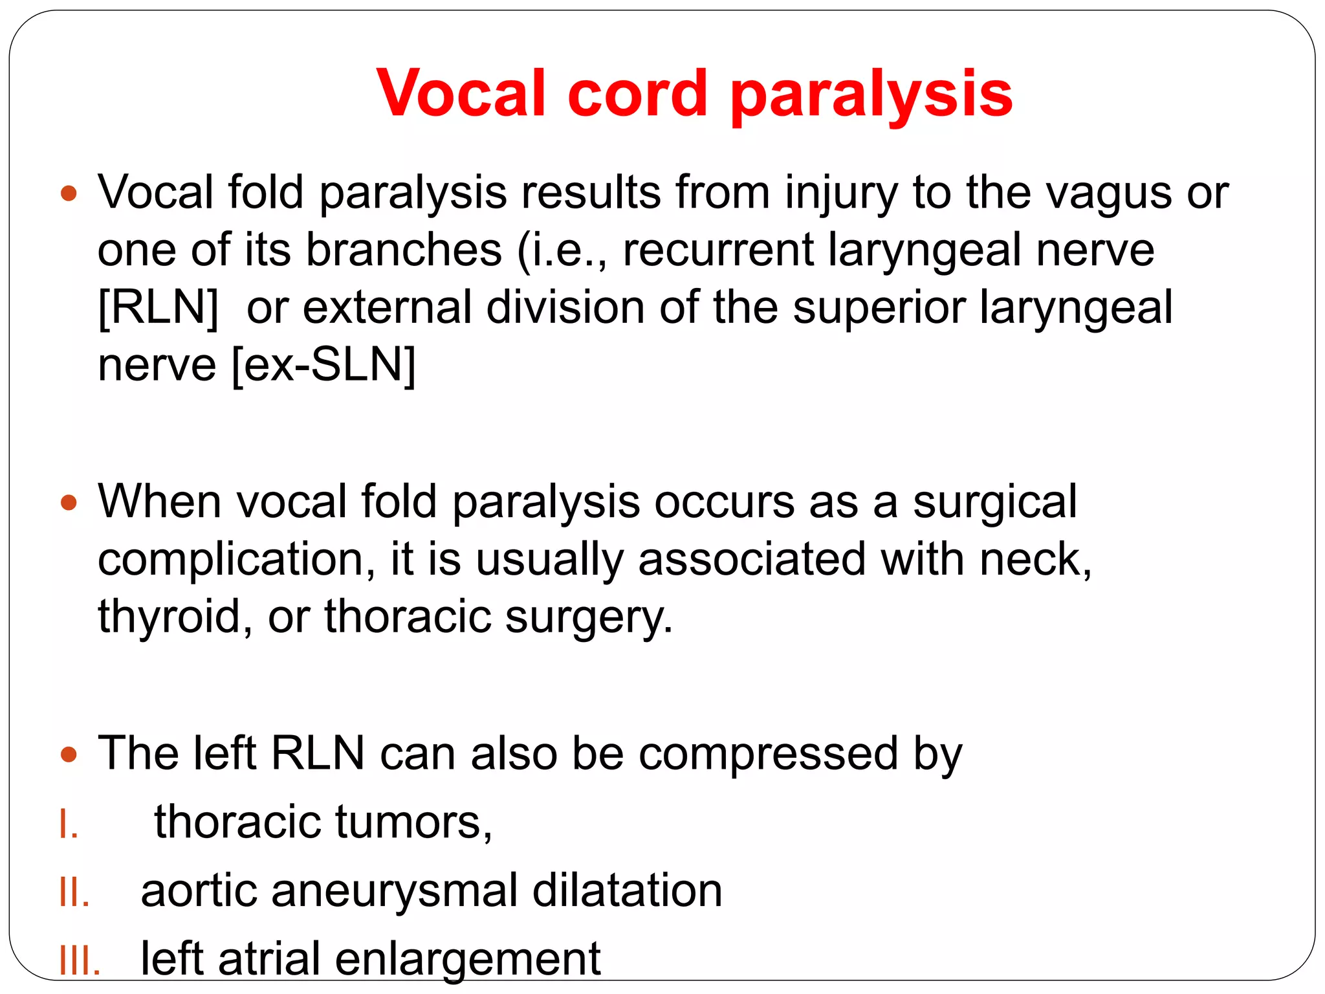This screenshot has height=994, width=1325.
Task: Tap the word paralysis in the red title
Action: pyautogui.click(x=871, y=94)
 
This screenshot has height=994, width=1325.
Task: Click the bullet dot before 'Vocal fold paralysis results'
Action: pyautogui.click(x=69, y=193)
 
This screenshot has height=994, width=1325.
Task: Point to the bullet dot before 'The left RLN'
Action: pyautogui.click(x=69, y=754)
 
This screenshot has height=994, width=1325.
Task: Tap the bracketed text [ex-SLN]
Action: pyautogui.click(x=323, y=364)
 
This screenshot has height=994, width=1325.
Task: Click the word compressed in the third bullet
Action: pyautogui.click(x=769, y=754)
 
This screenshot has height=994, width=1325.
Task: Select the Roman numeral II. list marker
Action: pyautogui.click(x=74, y=893)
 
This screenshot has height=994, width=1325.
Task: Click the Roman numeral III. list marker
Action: pyautogui.click(x=80, y=962)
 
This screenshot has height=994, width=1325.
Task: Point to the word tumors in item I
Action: pyautogui.click(x=414, y=822)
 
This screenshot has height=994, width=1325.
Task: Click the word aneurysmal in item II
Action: pyautogui.click(x=395, y=890)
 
